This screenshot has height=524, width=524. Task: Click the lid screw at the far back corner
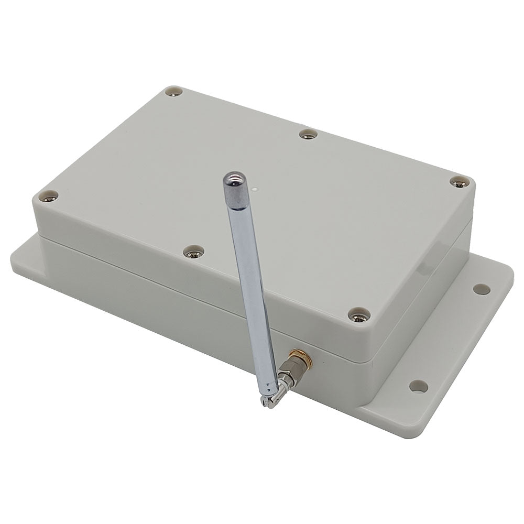pyautogui.click(x=173, y=93)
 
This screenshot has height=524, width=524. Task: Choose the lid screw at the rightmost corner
pyautogui.click(x=458, y=181)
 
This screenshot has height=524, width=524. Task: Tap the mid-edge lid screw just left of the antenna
pyautogui.click(x=193, y=253)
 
